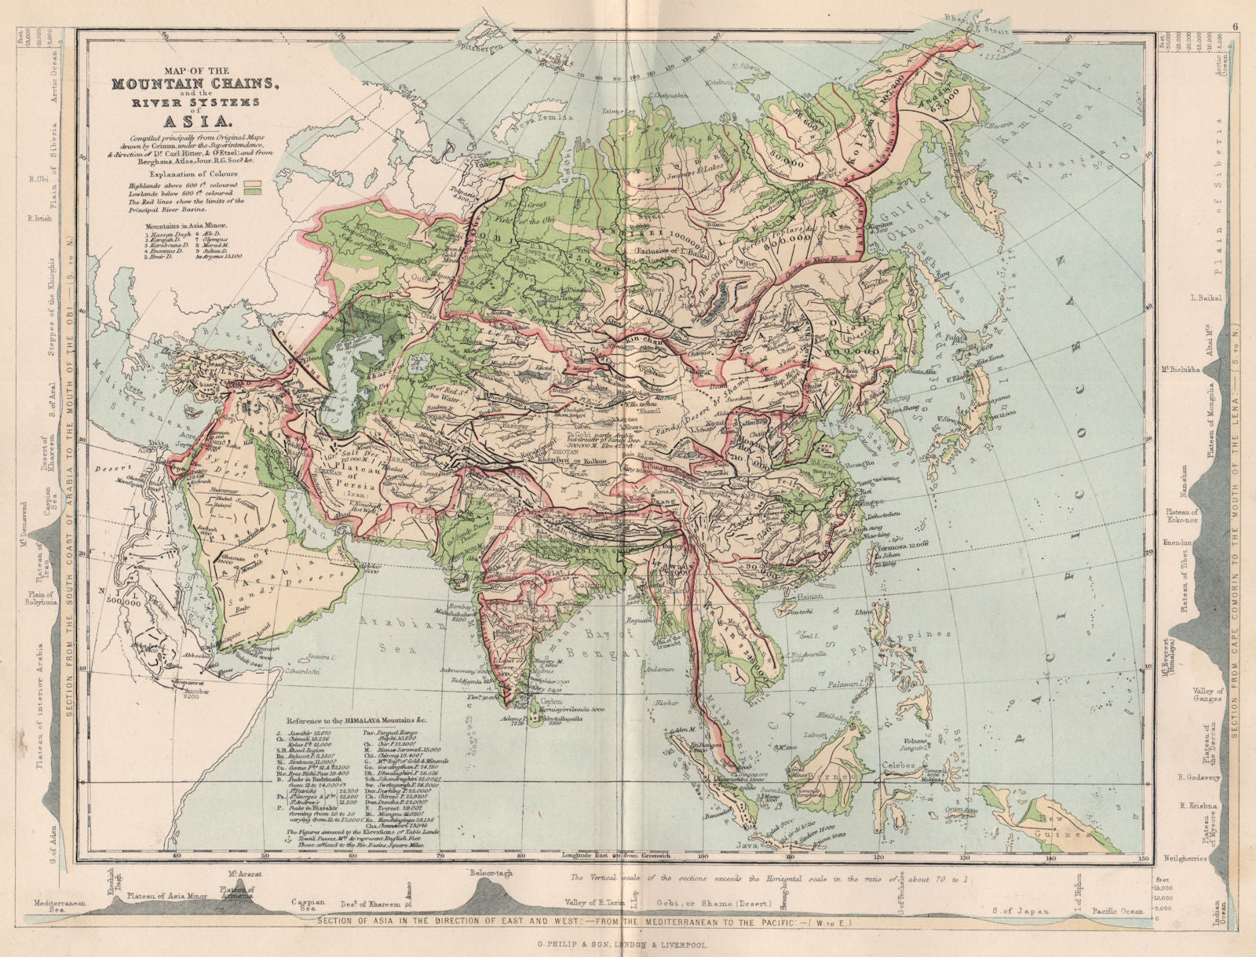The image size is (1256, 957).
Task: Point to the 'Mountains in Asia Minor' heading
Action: [184, 225]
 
